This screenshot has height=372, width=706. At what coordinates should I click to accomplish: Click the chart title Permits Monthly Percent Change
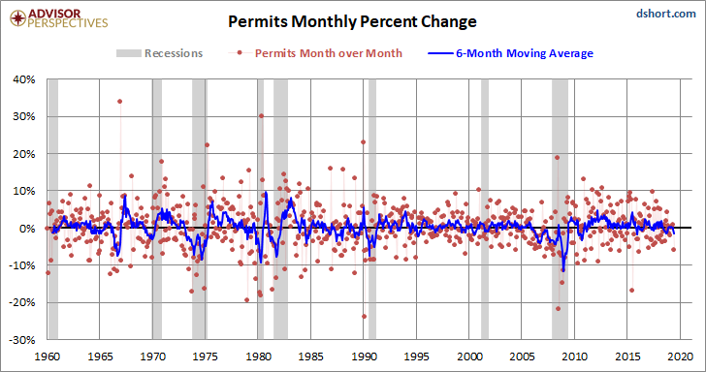[352, 21]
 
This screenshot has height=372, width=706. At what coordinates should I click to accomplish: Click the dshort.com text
[666, 14]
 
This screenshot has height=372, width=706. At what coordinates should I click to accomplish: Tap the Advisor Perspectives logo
[59, 18]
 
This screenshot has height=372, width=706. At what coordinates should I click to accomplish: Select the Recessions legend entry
[159, 53]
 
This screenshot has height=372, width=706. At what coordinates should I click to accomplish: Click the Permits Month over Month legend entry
[315, 53]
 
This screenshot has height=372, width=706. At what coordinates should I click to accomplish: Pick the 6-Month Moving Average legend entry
[510, 53]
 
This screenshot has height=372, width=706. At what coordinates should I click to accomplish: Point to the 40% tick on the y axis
[25, 79]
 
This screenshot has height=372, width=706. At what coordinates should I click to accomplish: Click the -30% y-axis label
[23, 340]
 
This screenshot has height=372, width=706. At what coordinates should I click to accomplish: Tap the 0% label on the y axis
[28, 228]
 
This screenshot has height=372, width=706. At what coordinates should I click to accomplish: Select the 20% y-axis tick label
[25, 154]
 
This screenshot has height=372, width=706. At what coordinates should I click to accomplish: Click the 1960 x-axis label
[48, 356]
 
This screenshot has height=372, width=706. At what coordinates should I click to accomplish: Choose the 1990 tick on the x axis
[364, 356]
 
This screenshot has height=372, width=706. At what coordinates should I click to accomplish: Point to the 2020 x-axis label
[680, 356]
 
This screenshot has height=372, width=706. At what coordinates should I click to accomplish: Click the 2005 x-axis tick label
[522, 356]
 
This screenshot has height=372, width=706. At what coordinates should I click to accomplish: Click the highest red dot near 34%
[120, 101]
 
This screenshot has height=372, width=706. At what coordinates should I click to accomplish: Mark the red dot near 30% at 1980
[261, 115]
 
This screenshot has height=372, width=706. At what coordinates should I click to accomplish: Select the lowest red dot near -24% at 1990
[364, 316]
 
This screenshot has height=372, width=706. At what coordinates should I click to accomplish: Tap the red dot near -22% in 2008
[559, 309]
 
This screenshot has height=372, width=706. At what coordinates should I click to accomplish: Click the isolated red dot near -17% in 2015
[631, 290]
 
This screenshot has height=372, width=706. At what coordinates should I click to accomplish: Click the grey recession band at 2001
[485, 209]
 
